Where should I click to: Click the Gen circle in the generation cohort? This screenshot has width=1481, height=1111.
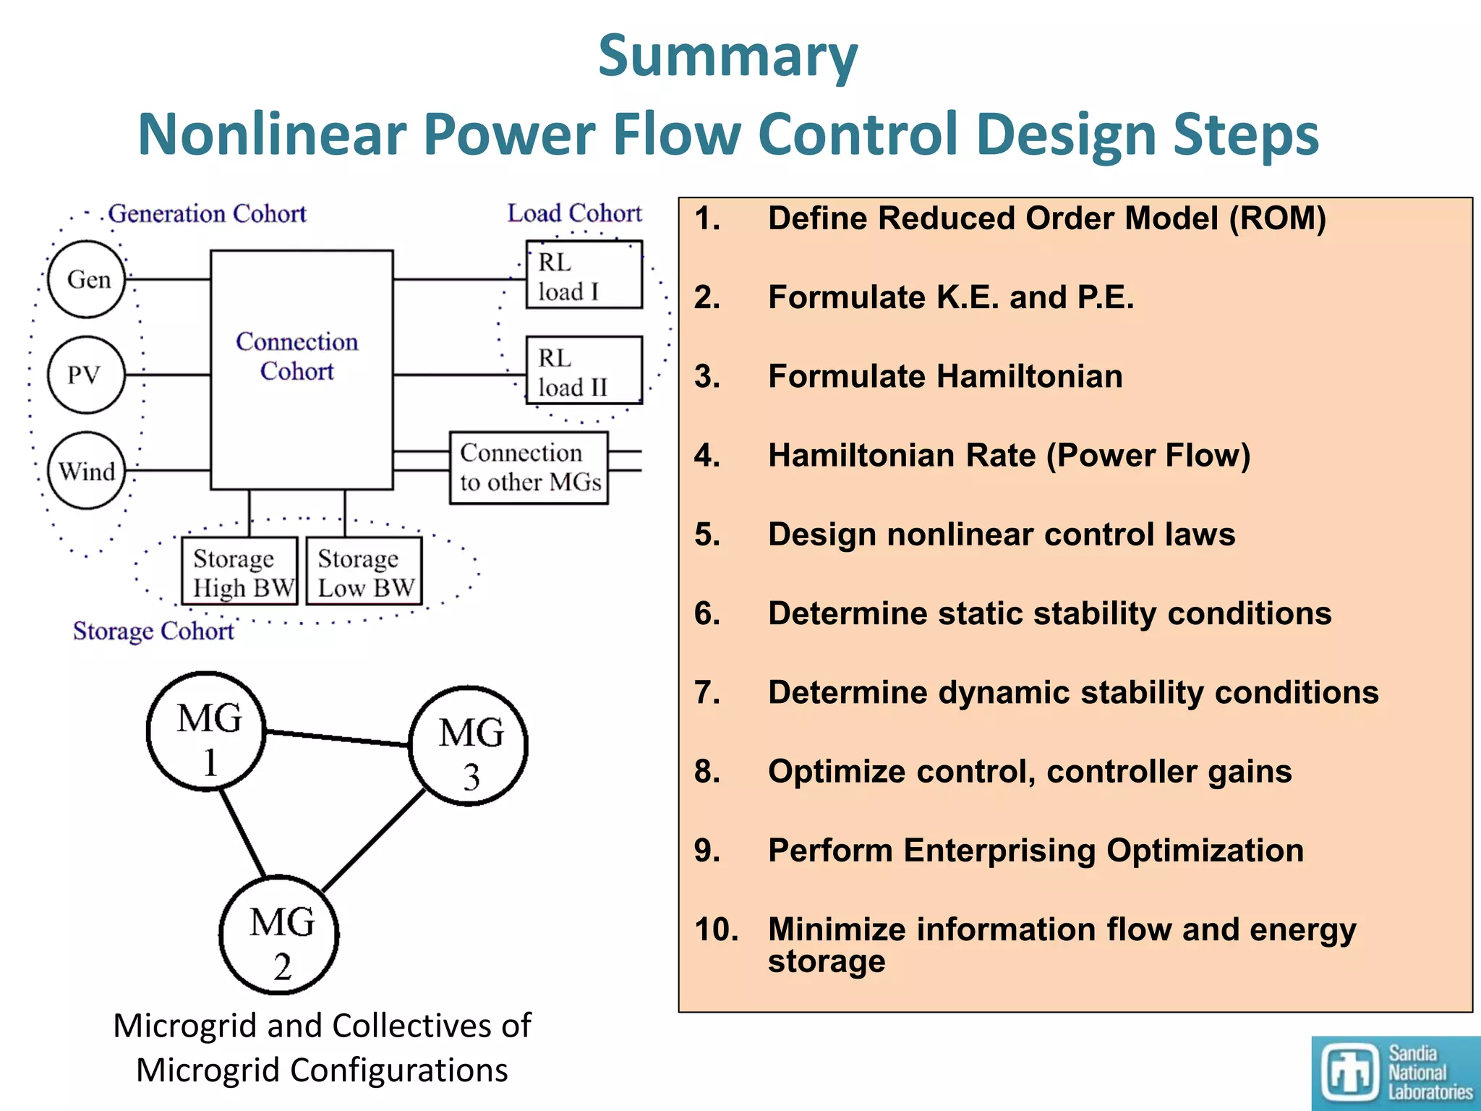pos(87,279)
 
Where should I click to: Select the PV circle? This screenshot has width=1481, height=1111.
pos(86,375)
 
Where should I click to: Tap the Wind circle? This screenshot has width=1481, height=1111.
pos(87,471)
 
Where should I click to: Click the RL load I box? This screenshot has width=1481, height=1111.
pos(584,276)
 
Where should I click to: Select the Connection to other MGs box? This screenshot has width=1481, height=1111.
pos(529,468)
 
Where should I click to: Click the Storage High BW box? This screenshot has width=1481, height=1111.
pos(239,571)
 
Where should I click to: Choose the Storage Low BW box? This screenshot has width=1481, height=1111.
pos(364,571)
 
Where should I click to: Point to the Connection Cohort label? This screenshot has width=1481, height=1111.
pos(297,356)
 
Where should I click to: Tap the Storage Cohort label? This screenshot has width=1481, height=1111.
pos(153,631)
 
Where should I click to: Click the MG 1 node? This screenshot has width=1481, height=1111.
pos(206,731)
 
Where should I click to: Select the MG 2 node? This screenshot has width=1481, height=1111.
pos(279,935)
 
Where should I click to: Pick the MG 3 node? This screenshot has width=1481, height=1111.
pos(469,746)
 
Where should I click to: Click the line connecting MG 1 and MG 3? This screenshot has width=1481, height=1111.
pos(337,738)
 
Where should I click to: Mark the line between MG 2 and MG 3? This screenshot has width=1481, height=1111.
pos(373,840)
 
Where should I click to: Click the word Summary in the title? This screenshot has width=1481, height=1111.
pos(727,56)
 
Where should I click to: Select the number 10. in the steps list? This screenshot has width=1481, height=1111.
pos(716,929)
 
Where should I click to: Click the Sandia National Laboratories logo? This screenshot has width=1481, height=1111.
pos(1396,1073)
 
